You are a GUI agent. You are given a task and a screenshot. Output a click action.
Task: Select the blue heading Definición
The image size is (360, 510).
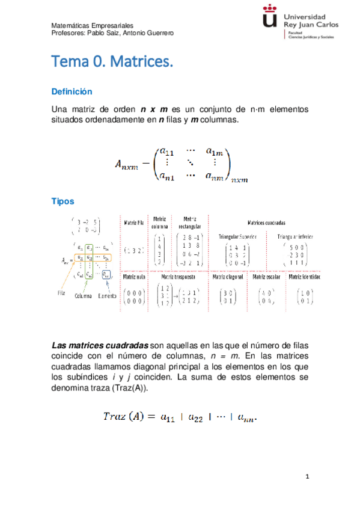click(72, 92)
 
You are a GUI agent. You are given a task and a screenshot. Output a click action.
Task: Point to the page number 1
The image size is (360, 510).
click(307, 477)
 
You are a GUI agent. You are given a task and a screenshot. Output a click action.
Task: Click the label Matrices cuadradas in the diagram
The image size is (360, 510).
click(266, 223)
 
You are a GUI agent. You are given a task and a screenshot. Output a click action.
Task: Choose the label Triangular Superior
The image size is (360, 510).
click(238, 236)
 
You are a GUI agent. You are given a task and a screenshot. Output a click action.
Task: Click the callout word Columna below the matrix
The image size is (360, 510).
click(87, 296)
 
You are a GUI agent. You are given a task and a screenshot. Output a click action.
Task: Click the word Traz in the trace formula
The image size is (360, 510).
click(114, 416)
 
